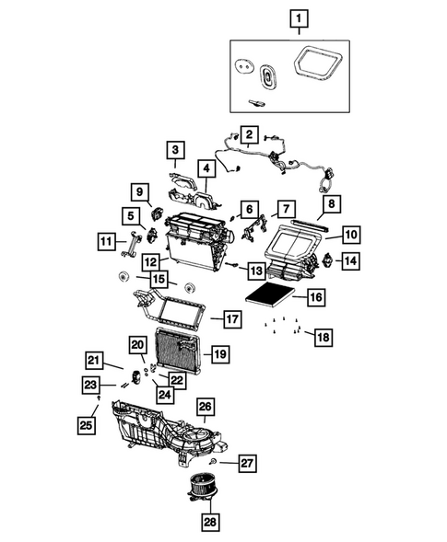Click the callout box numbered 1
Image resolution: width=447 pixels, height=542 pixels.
pyautogui.click(x=299, y=17)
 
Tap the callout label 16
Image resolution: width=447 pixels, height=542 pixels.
pyautogui.click(x=315, y=297)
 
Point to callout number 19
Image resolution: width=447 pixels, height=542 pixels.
pyautogui.click(x=219, y=352)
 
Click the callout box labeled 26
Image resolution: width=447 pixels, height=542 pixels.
pyautogui.click(x=205, y=406)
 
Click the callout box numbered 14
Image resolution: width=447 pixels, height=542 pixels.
pyautogui.click(x=350, y=261)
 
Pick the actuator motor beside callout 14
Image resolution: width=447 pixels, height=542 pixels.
pyautogui.click(x=323, y=260)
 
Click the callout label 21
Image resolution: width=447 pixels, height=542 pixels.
pyautogui.click(x=93, y=359)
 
